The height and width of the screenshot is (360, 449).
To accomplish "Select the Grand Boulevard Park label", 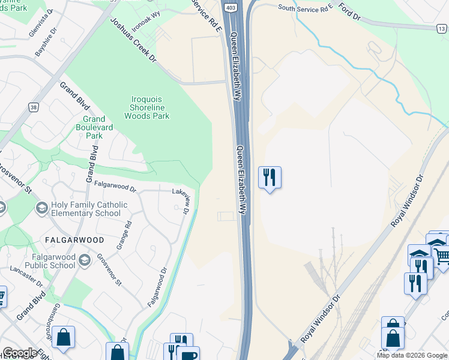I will (90, 127).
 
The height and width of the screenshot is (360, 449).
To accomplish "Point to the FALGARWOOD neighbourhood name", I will (74, 240).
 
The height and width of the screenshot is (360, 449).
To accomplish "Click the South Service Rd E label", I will (306, 7).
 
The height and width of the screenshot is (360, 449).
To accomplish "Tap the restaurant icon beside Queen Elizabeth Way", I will (270, 177).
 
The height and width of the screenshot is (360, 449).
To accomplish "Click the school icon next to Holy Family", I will (42, 208).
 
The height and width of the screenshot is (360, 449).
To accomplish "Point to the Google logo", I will (20, 353).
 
